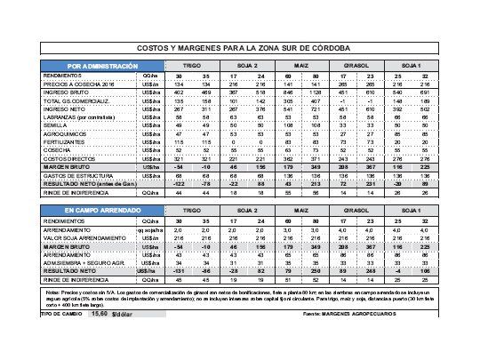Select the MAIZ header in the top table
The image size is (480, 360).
[x=301, y=67]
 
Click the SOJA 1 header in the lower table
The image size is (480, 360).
[x=412, y=210]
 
